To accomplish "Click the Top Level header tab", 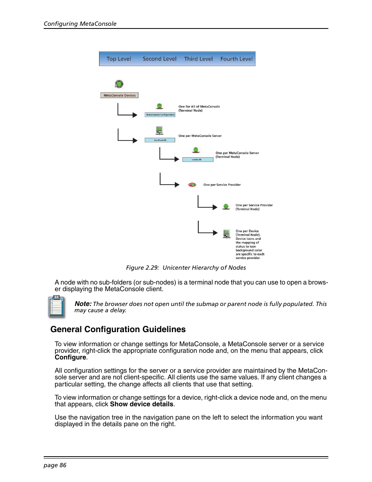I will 119,59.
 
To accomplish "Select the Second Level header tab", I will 159,59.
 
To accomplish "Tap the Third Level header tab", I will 198,59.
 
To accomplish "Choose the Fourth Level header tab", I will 236,59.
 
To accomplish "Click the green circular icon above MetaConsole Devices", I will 119,84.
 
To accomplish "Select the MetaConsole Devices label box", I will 119,95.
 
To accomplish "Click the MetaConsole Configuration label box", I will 160,115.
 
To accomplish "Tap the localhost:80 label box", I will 160,140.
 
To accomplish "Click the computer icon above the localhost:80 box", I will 159,130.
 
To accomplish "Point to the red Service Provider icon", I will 192,185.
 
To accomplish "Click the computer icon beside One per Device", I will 227,234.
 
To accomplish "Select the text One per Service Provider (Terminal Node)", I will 254,207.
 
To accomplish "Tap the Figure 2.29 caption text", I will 186,268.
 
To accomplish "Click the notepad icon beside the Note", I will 56,306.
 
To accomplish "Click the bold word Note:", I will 83,304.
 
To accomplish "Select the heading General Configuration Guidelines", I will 118,329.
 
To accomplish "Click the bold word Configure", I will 70,357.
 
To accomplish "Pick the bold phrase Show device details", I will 142,404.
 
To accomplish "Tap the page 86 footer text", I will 55,465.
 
